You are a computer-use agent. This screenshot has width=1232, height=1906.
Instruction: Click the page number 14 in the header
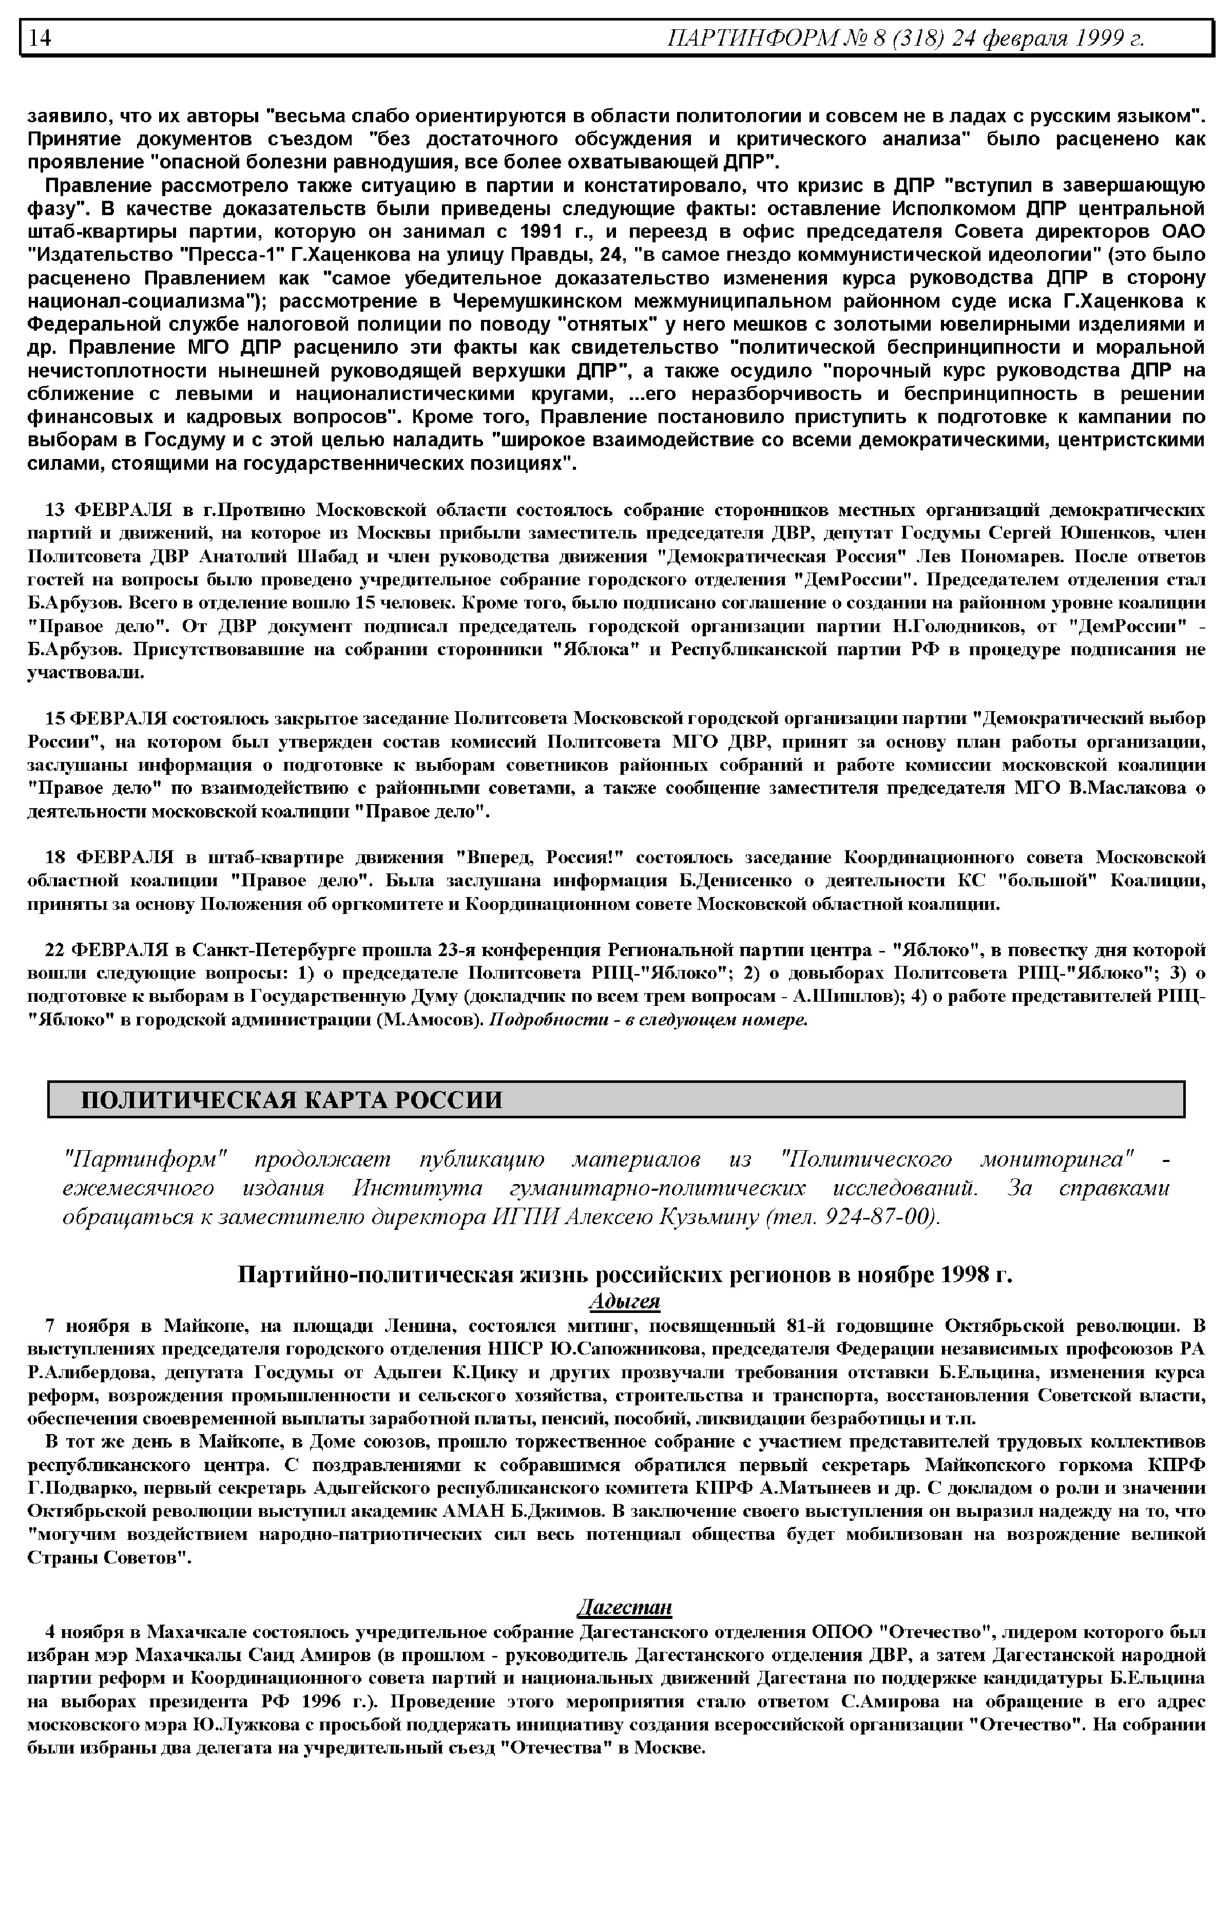tap(40, 37)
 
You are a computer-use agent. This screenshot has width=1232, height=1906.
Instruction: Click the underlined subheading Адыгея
tap(624, 1301)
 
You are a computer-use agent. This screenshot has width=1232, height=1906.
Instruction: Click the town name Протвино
tap(263, 510)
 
